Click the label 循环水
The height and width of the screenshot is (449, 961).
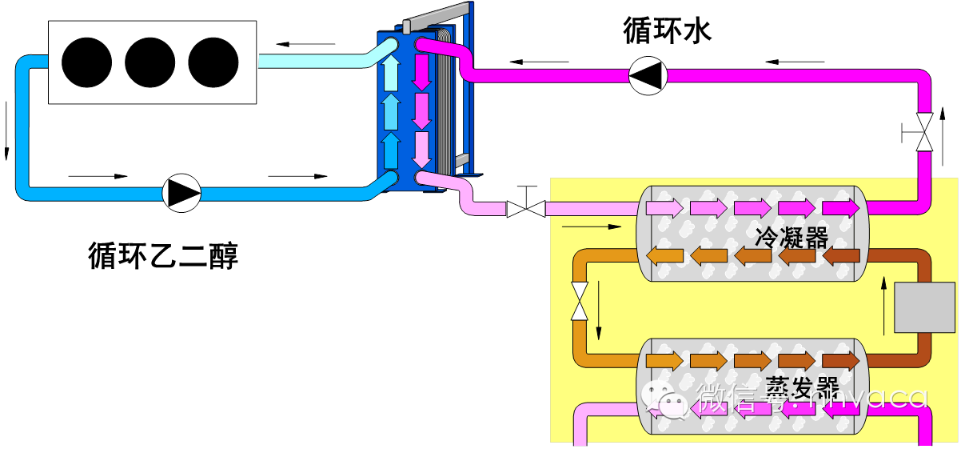coord(667,31)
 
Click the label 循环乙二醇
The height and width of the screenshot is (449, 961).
coord(163,257)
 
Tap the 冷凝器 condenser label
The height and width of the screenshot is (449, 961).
coord(792,237)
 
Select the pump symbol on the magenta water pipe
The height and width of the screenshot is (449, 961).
coord(647,76)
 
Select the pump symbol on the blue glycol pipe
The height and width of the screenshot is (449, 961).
coord(181,193)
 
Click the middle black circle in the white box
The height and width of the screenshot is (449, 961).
coord(150,62)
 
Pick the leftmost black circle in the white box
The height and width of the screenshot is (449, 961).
coord(86,62)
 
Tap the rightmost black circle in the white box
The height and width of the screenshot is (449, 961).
coord(213,62)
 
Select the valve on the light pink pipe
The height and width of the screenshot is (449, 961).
coord(526,209)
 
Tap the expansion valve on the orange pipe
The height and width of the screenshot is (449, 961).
coord(580,300)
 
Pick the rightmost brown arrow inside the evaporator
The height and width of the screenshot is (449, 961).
coord(840,361)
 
